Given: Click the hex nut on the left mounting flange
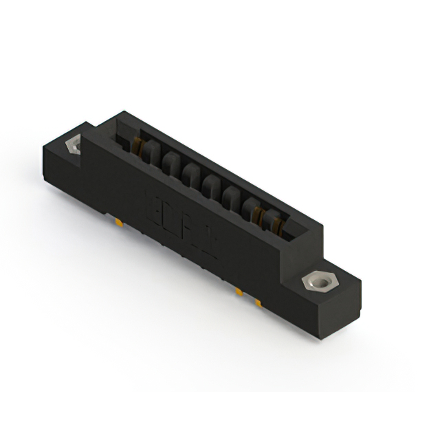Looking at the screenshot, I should pyautogui.click(x=71, y=146).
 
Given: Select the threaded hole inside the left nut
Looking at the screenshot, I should pyautogui.click(x=71, y=146).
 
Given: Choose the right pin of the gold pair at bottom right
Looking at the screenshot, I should pyautogui.click(x=258, y=302).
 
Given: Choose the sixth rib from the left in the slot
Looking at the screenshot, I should pyautogui.click(x=250, y=206).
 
